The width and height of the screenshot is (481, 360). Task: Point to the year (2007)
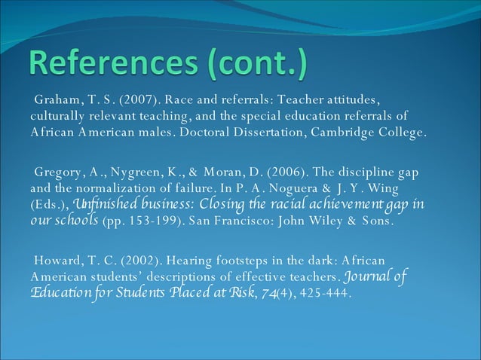pyautogui.click(x=136, y=100)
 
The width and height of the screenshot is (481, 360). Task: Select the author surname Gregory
pyautogui.click(x=57, y=172)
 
